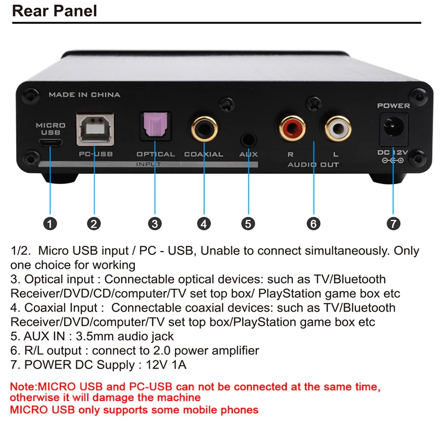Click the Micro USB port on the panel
click(50, 142)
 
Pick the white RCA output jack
click(336, 129)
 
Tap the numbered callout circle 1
click(50, 223)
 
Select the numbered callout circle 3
click(155, 223)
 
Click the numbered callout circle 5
click(248, 223)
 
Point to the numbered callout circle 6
click(313, 223)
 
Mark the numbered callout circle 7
click(393, 223)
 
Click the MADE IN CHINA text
click(85, 95)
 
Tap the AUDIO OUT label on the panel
click(313, 165)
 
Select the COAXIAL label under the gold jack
click(204, 154)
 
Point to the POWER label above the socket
click(393, 105)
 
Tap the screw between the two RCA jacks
click(313, 102)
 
